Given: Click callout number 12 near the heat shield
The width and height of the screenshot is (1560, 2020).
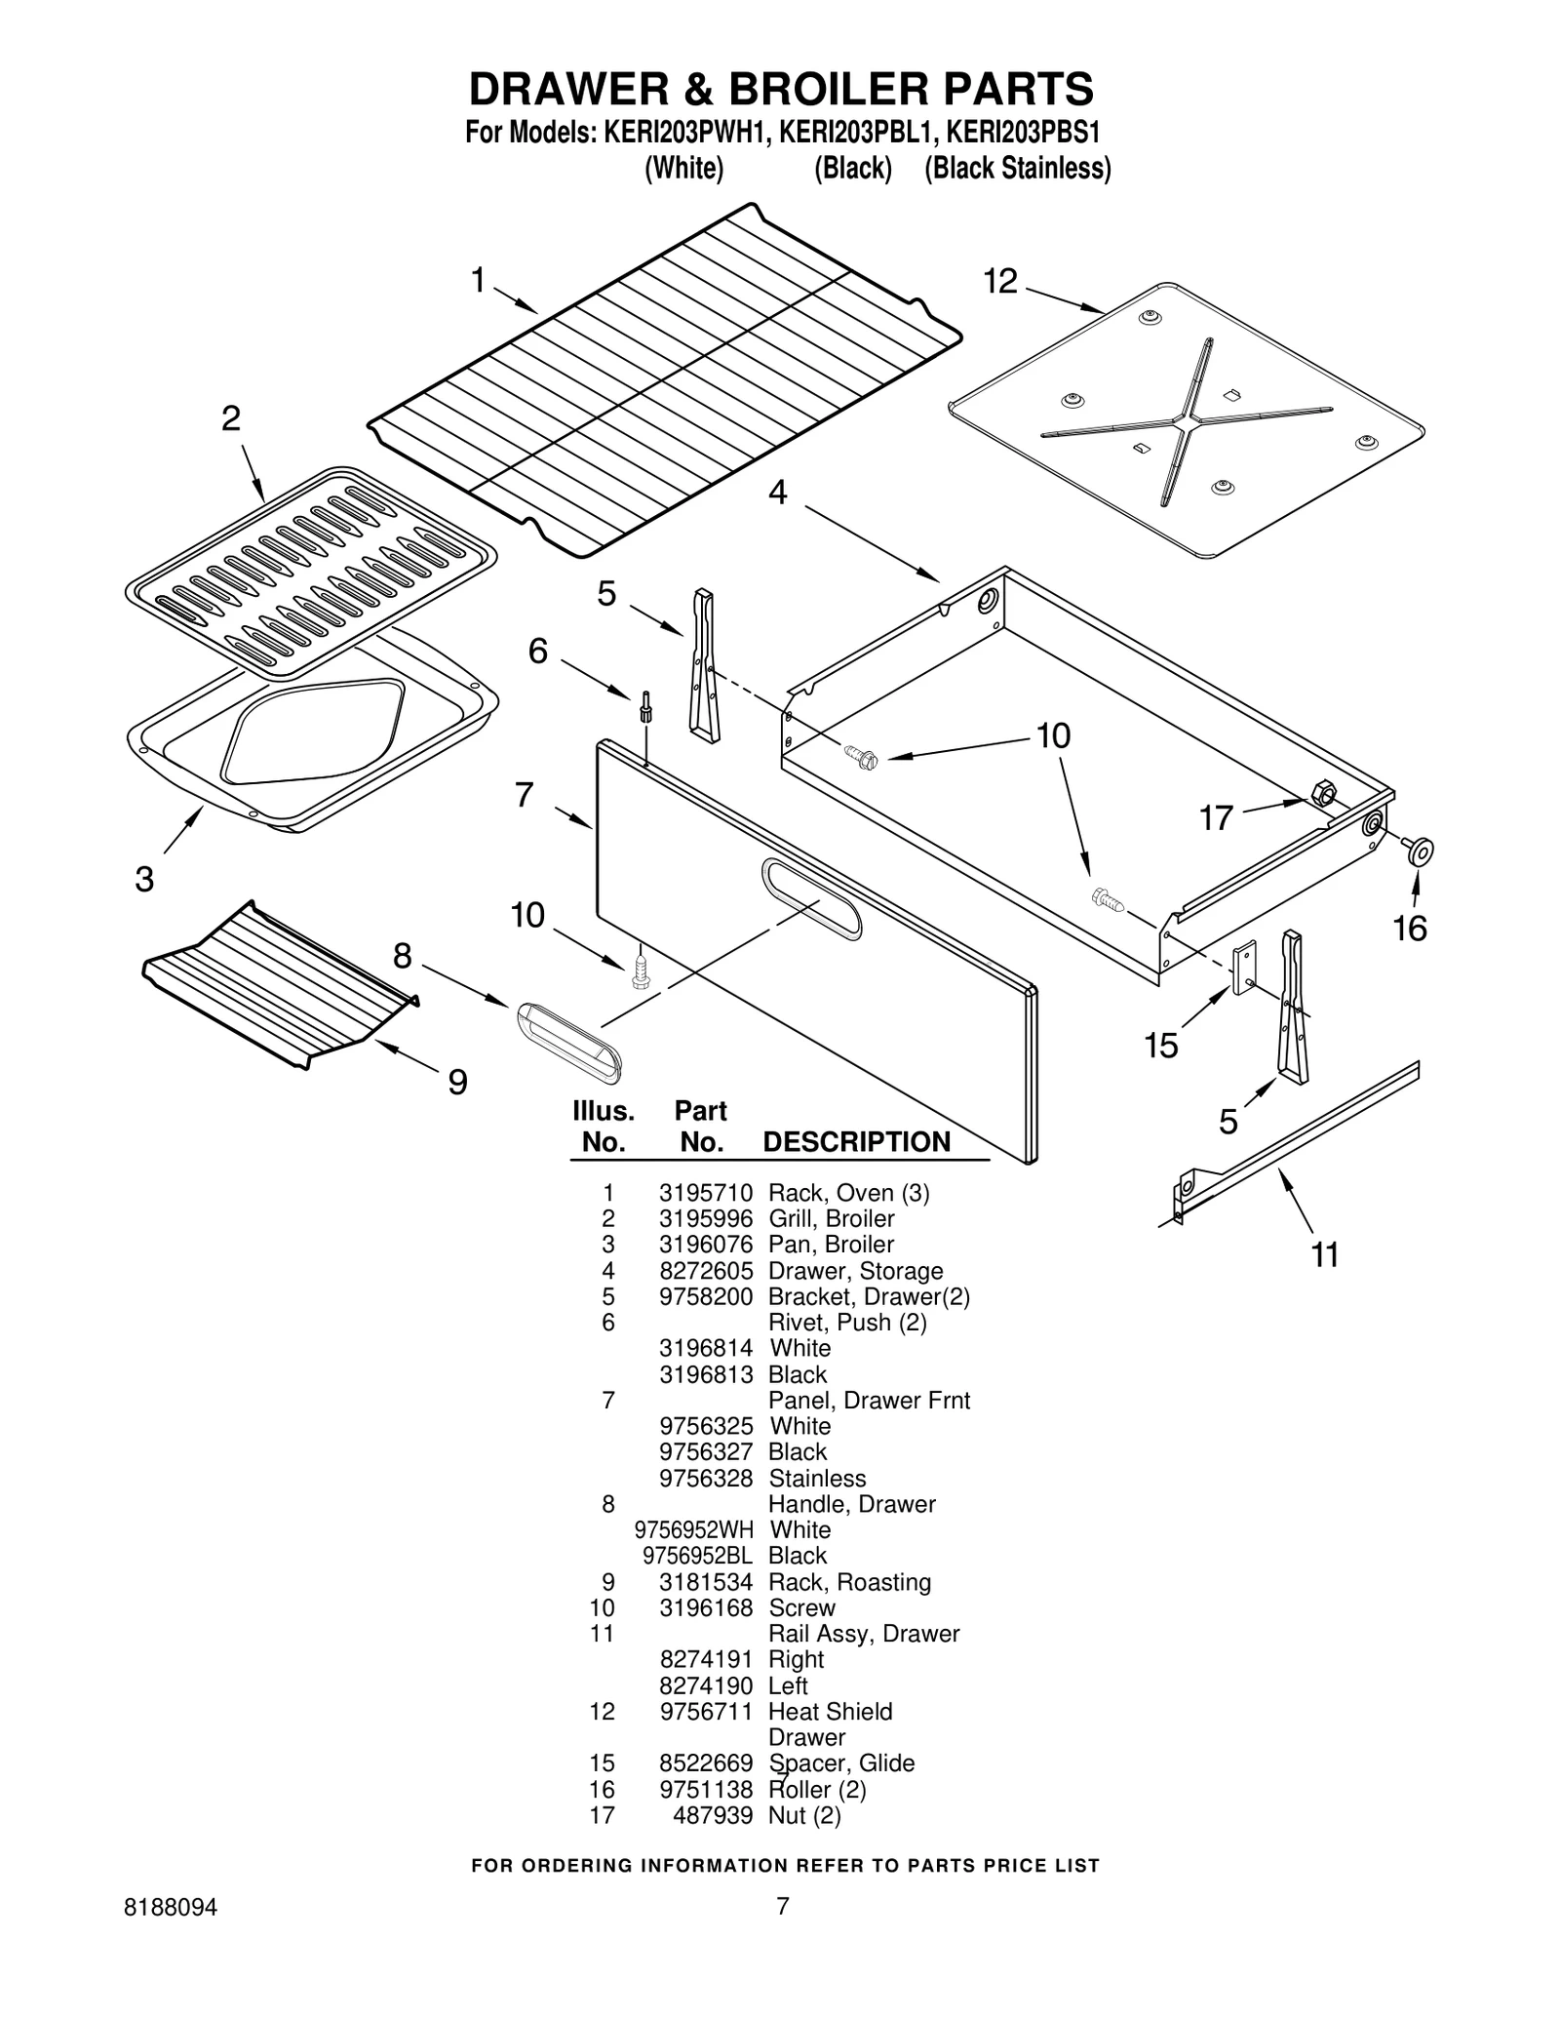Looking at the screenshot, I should (999, 282).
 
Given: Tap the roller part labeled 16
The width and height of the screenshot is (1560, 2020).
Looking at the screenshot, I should (1419, 851).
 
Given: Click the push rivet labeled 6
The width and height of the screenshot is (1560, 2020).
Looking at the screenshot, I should (645, 706).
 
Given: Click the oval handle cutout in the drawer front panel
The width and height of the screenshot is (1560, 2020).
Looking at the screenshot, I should (811, 899).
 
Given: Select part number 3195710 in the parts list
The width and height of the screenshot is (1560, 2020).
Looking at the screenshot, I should (705, 1193).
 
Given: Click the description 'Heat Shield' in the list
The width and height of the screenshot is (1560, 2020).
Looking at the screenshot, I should (830, 1711).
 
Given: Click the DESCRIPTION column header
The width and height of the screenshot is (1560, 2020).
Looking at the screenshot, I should (856, 1142).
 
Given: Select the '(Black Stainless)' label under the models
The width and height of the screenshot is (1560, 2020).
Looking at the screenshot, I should (1017, 169).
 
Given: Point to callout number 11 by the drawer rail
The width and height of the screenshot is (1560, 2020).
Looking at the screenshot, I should (1324, 1254).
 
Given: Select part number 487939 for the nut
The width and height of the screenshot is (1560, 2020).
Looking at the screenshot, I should (713, 1815).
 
